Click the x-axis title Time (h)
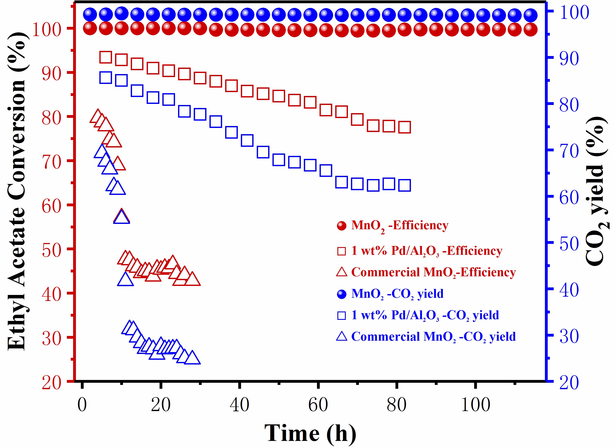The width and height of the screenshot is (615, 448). point(310,433)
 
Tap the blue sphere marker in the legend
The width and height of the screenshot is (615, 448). point(341,294)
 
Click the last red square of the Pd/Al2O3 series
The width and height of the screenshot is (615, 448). point(405,127)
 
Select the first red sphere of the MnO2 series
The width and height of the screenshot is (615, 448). point(90,28)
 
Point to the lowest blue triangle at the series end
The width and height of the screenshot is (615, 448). point(192,358)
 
